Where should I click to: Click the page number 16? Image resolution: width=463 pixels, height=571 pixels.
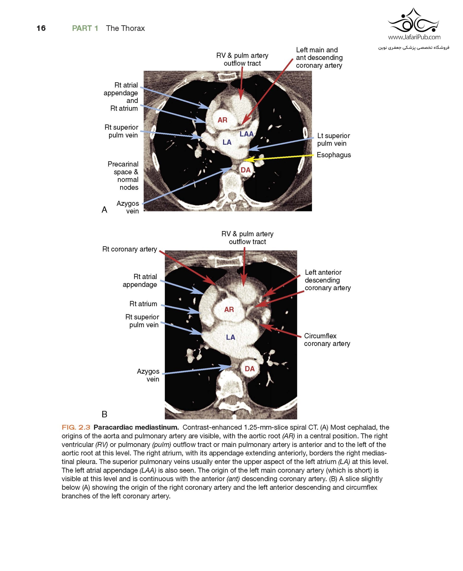coord(41,28)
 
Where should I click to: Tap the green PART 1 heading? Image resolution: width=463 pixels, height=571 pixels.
coord(85,28)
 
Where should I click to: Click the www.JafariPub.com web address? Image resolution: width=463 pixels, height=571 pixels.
coord(414,37)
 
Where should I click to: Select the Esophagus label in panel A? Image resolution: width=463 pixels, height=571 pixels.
coord(334,155)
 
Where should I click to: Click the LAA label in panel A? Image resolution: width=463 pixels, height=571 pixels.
coord(246,134)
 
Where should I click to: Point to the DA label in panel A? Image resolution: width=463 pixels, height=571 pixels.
coord(245,170)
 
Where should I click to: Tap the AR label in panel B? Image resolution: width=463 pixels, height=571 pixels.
coord(229,310)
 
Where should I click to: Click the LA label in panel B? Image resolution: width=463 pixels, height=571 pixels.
coord(230,337)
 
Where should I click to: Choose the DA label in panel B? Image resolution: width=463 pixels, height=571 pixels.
coord(250,369)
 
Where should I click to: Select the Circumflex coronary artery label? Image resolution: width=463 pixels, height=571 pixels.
coord(327,340)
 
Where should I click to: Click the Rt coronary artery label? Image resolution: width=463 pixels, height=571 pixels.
coord(130,249)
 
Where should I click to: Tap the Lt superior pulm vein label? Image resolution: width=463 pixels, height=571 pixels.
coord(333,139)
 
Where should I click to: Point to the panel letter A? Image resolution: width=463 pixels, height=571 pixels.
coord(104,210)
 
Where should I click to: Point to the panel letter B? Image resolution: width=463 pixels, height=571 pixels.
coord(104,414)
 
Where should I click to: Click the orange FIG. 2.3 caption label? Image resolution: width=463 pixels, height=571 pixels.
coord(76,427)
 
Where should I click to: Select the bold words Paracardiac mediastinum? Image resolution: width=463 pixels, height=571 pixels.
coord(136,427)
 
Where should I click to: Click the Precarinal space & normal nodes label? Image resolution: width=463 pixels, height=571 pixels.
coord(123,175)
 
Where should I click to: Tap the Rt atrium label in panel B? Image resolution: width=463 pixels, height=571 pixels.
coord(143,304)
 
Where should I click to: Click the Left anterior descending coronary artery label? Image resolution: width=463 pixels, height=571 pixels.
coord(328,280)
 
